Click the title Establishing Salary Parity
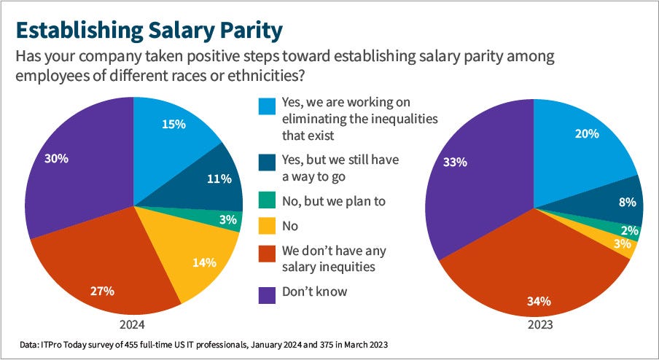[x=147, y=31]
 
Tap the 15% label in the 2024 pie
[x=173, y=125]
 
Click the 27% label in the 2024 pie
[x=103, y=291]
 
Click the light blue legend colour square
[x=267, y=107]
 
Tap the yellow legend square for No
[x=267, y=226]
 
